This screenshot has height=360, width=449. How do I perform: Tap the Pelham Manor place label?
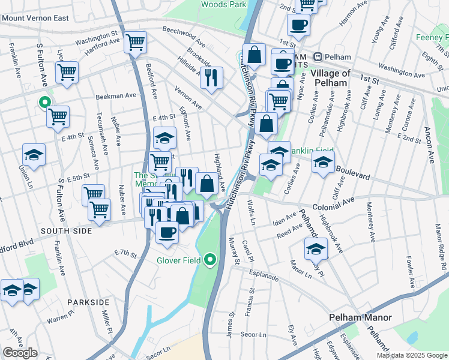[360, 317]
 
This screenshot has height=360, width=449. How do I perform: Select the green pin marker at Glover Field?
[209, 260]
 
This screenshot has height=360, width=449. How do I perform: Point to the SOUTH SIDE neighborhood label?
[67, 230]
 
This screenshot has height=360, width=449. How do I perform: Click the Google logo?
[20, 353]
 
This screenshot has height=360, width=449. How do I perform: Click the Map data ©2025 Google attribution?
[412, 355]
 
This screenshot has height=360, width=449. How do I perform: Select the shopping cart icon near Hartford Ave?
[136, 41]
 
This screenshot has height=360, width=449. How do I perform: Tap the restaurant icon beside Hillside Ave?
[211, 77]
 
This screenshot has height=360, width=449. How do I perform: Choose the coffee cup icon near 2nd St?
[298, 25]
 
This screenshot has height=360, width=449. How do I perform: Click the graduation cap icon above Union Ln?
[34, 154]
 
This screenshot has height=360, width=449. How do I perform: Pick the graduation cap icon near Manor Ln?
[316, 248]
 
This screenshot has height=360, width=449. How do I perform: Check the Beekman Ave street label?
[116, 96]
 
